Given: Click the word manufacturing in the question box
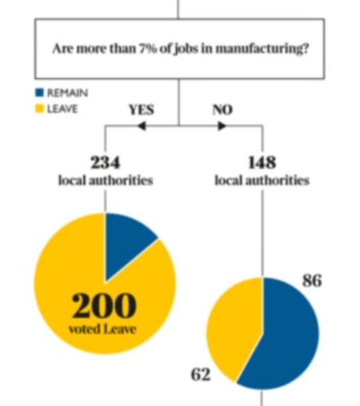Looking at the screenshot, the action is pos(262,49).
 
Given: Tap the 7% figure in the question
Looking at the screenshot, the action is pos(147,48).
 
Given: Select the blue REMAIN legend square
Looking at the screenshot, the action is pos(39,92).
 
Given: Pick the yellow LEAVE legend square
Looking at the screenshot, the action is pos(39,108).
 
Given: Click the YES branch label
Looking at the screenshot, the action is pos(141,110).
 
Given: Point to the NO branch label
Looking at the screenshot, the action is pos(223,110).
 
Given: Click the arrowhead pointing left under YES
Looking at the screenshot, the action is pos(142,126).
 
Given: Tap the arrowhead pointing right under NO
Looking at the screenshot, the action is pos(222,126).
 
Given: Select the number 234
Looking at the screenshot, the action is pos(106,163).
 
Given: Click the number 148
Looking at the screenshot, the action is pos(262,163).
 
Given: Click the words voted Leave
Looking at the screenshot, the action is pos(102,329).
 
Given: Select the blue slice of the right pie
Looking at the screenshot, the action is pos(288,337).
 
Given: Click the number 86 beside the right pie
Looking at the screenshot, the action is pos(312,280).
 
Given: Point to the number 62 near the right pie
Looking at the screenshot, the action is pos(201,374).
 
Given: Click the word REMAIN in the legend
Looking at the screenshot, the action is pos(68,93).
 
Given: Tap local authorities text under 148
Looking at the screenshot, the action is pos(262,180).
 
